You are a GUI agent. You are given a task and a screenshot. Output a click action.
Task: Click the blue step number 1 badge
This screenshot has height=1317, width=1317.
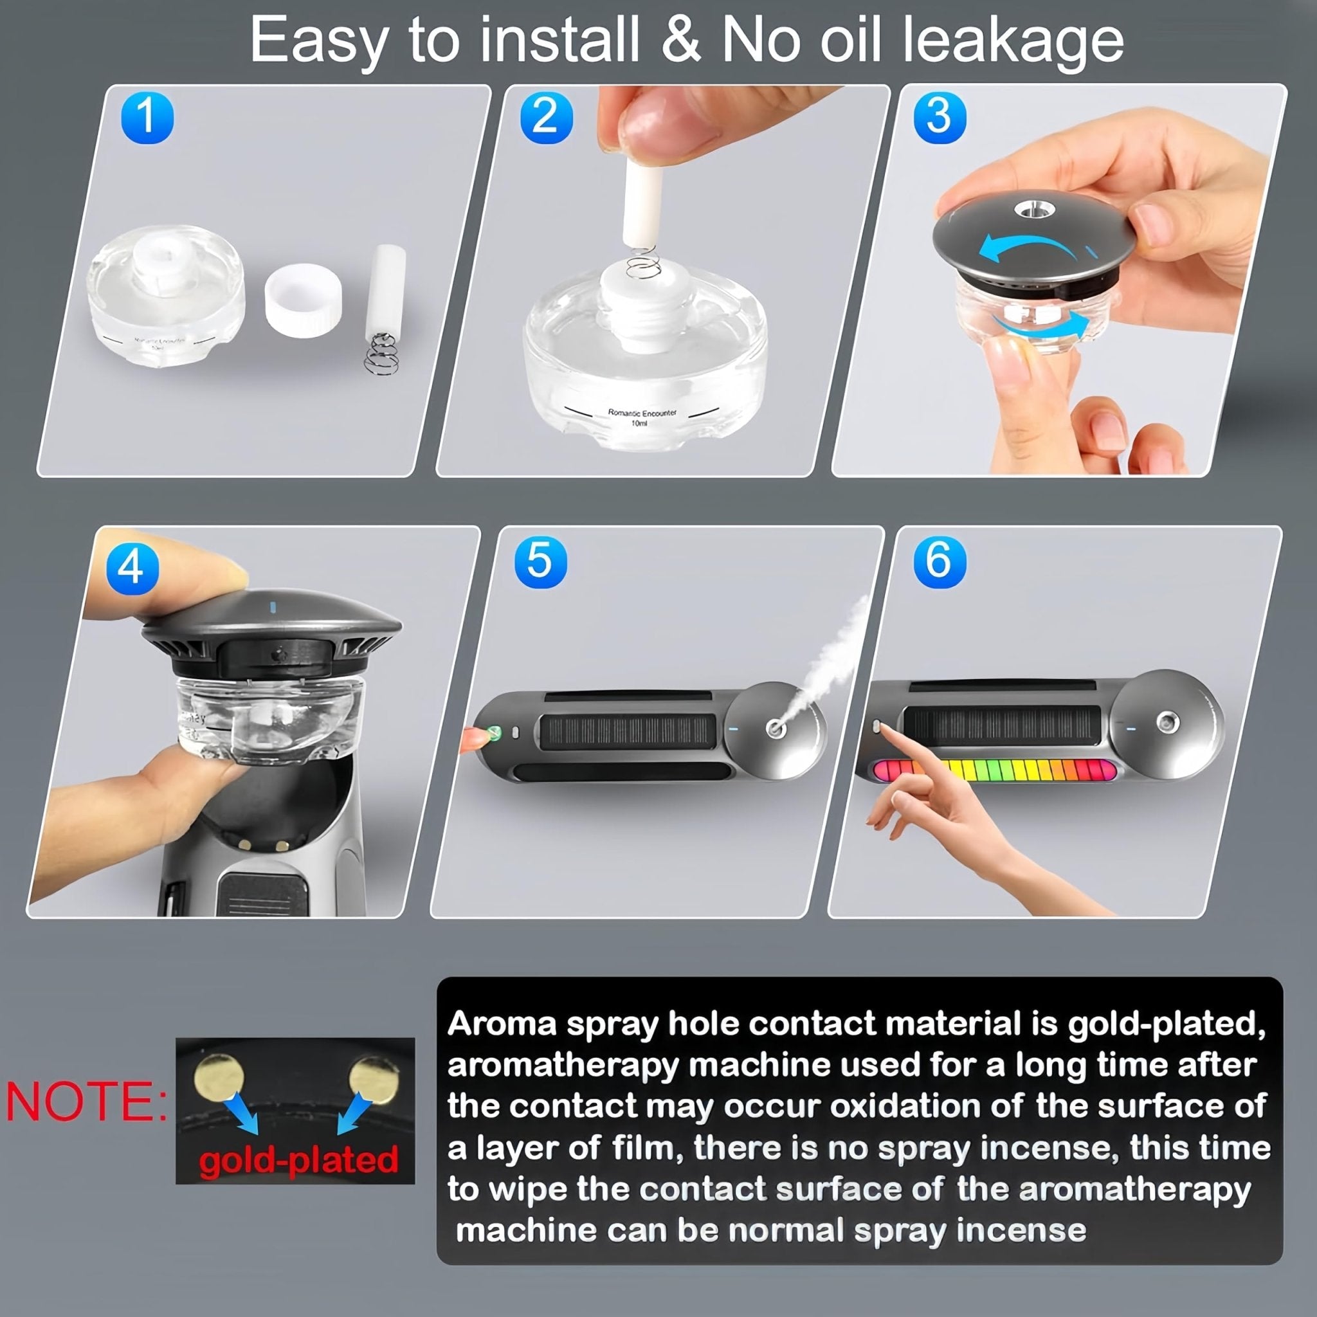pos(147,117)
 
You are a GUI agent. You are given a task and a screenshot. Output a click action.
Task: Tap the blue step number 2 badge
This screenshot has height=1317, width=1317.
pos(546,117)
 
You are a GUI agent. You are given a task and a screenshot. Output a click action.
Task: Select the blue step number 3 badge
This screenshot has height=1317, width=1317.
pos(940,117)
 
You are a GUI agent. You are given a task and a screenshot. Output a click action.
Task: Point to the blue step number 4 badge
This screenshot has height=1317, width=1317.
pos(132,568)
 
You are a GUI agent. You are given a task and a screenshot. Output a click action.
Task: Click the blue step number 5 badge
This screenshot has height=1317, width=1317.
pos(540,561)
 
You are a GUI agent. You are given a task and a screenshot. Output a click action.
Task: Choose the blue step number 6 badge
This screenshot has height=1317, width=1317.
pos(940,561)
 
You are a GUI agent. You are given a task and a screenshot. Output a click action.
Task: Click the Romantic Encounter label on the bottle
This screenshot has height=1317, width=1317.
pos(642,413)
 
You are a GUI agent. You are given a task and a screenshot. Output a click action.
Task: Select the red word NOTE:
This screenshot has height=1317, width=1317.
pos(86,1102)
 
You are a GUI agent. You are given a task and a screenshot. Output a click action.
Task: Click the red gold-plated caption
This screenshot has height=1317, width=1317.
pos(298,1159)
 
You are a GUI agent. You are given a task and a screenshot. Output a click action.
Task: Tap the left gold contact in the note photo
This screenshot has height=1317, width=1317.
pos(219,1078)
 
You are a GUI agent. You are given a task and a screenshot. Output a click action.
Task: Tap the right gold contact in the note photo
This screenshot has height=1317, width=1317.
pos(374,1080)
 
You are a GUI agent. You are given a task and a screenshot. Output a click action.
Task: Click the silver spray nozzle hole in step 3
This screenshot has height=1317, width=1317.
pos(1034,208)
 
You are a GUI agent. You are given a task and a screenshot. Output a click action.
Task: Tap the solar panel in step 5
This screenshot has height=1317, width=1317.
pos(628,731)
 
